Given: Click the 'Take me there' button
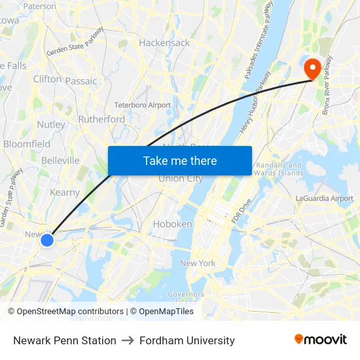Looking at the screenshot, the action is pos(180,161).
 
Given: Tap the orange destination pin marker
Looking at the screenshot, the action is pos(312,68).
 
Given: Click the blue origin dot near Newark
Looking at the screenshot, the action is pos(47,240).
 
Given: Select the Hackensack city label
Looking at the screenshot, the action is pos(164,43).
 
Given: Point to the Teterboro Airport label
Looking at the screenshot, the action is pos(142,105).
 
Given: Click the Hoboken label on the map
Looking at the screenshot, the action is pos(172,224).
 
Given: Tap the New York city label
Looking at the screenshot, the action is pos(198,263).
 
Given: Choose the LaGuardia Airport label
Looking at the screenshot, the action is pos(324,198).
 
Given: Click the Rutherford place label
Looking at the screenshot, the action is pos(101,119).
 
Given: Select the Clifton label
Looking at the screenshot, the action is pos(47,79).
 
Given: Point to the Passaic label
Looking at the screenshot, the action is pos(81,81).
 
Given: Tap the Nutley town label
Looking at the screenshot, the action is pos(51,124).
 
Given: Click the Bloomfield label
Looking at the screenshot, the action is pos(27,144).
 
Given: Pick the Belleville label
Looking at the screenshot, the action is pos(60,160).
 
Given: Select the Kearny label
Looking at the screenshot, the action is pos(65,192).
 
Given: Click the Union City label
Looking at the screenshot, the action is pos(181,179).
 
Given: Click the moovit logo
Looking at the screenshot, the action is pos(321,340).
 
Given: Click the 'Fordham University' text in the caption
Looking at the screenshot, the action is pos(187,340).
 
